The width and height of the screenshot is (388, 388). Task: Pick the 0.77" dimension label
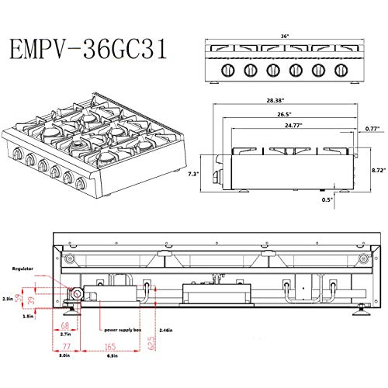click(372, 130)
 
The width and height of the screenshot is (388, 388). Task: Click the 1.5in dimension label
click(27, 317)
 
